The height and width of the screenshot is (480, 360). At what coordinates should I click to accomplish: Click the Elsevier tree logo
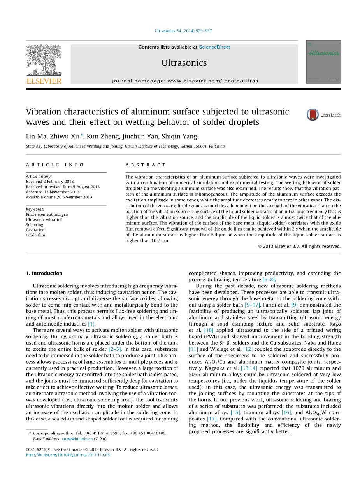coord(44,61)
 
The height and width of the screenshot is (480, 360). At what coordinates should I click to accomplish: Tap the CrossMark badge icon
coord(313,115)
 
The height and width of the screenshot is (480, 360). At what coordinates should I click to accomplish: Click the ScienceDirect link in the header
coord(214,47)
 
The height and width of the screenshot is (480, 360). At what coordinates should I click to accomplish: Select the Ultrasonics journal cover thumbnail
coord(323,62)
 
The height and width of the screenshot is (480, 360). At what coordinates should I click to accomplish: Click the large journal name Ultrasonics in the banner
coord(184,63)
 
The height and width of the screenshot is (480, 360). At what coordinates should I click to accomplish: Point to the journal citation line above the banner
coord(183,31)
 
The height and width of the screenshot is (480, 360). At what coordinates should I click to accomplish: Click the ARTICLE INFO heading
coord(55,165)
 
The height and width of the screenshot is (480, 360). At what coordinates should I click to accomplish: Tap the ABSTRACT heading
coord(146,165)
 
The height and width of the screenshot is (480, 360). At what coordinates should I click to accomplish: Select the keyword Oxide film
coord(35,235)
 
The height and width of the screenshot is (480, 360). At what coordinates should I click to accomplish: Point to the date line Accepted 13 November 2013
coord(53,192)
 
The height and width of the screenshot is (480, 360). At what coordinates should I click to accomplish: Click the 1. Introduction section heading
coord(44,273)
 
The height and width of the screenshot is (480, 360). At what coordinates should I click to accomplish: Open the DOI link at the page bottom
coord(68,455)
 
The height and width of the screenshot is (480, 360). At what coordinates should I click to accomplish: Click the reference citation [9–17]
coord(252,305)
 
